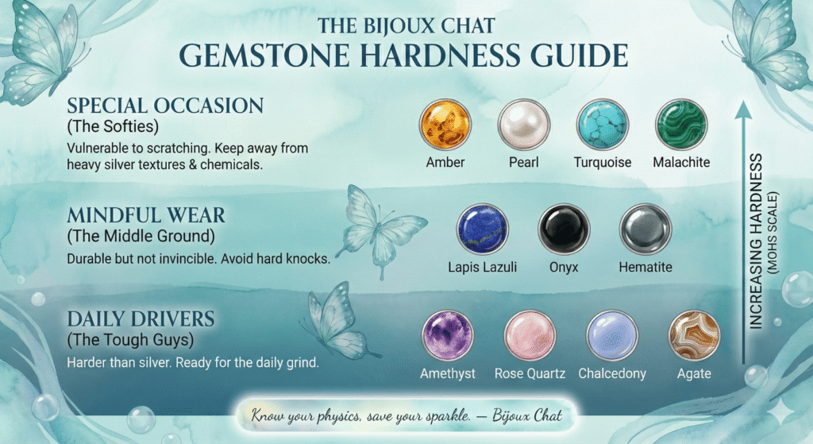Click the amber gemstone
click(x=445, y=125)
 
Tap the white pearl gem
click(x=523, y=125)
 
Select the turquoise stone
click(x=603, y=125)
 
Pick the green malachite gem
click(x=681, y=125)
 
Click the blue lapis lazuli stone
click(x=482, y=230)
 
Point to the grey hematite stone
click(x=645, y=230)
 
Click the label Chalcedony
click(x=611, y=373)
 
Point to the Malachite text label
click(x=681, y=162)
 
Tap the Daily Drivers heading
click(x=141, y=319)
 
